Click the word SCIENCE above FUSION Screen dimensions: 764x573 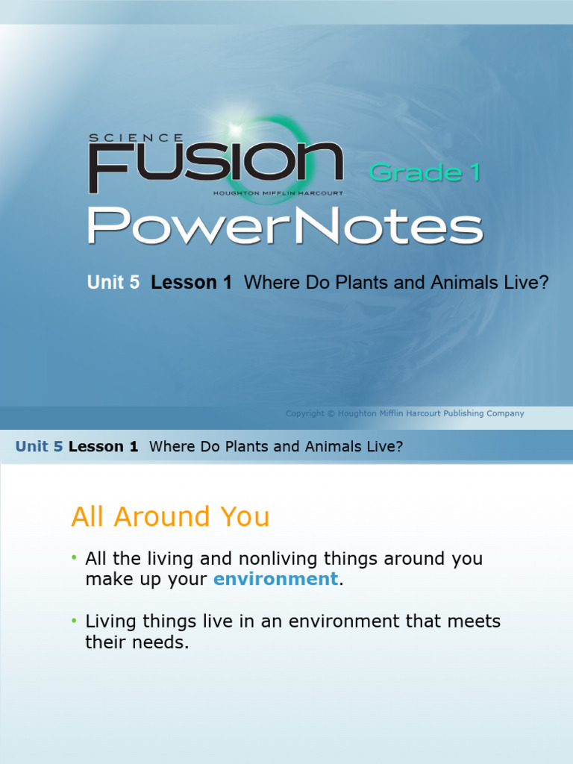tap(136, 138)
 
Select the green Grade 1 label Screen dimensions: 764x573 tap(425, 173)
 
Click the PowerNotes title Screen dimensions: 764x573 tap(285, 227)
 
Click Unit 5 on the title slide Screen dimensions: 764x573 tap(113, 283)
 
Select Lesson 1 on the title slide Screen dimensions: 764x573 tap(191, 283)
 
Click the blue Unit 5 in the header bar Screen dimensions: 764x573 tap(39, 447)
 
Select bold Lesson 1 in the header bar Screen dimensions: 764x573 tap(103, 447)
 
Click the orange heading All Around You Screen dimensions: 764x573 tap(170, 516)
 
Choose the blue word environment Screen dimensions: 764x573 tap(275, 579)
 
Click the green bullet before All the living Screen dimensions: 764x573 tap(75, 558)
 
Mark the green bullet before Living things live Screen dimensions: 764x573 tap(75, 621)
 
